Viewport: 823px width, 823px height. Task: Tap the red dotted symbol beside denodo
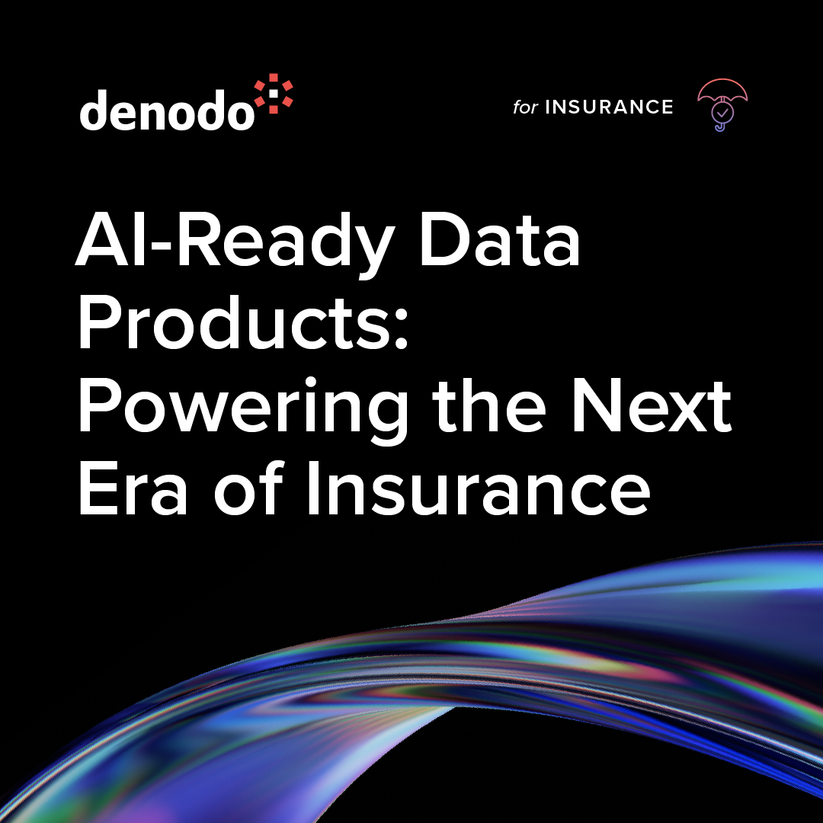273,94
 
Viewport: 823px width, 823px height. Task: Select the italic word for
525,107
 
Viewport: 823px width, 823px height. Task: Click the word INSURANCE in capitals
609,107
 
